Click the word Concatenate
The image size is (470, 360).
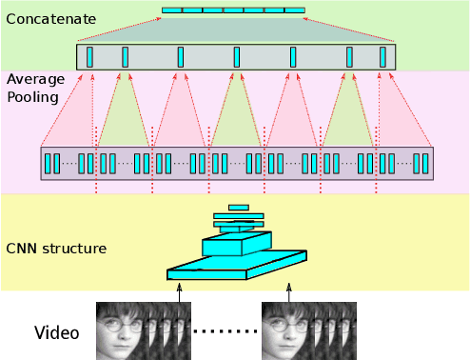[x=51, y=17]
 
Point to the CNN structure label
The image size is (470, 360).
[x=55, y=250]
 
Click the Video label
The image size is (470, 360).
[x=57, y=333]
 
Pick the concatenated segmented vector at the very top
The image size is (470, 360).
[x=233, y=10]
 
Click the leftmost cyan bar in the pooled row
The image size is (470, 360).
[x=90, y=56]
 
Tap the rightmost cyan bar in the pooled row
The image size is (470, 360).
[x=383, y=56]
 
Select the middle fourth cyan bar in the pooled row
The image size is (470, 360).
[x=237, y=56]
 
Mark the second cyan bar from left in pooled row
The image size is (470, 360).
[x=126, y=56]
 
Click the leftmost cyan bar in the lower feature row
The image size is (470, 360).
[x=48, y=163]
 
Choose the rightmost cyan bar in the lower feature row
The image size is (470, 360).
[x=425, y=163]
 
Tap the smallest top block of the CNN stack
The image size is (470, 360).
[x=239, y=207]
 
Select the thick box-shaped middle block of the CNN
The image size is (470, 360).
[x=236, y=245]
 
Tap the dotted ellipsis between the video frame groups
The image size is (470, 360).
[x=226, y=331]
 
